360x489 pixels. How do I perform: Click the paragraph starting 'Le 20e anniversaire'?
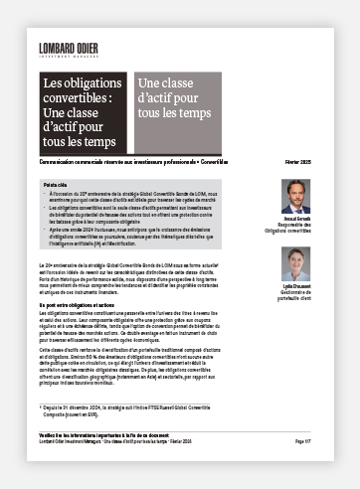point(149,282)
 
